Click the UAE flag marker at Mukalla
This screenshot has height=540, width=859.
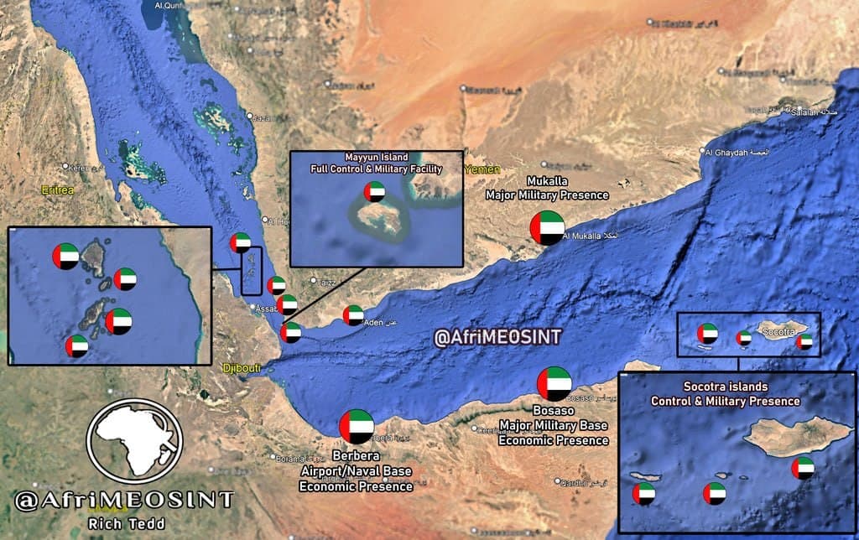pos(547,228)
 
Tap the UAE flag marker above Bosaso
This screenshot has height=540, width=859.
pos(554,384)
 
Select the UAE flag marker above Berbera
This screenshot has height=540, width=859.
pos(357,426)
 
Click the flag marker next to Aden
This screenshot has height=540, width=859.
pos(354,315)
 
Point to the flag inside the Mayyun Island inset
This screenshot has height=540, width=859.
pos(375,192)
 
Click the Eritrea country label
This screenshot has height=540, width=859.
pos(57,190)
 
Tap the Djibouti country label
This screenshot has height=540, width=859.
pos(241,367)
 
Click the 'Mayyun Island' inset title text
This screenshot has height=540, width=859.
pos(377,157)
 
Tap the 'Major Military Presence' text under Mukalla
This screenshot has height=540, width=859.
pos(547,195)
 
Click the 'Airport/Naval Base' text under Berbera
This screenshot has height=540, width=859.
pos(357,471)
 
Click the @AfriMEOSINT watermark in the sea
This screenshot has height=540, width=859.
pos(497,336)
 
